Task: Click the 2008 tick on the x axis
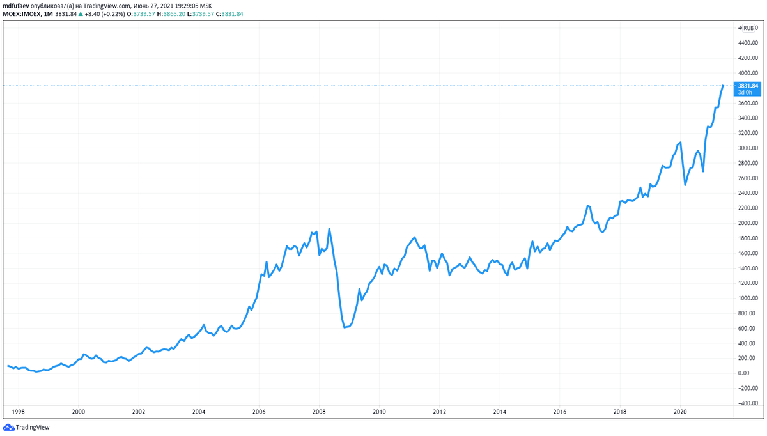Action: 319,412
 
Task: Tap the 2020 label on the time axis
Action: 680,412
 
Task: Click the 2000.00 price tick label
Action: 748,223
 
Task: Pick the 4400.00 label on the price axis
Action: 748,43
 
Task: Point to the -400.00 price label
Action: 748,403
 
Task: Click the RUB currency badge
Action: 748,28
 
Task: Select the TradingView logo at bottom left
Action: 26,427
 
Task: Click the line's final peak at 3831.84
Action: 723,85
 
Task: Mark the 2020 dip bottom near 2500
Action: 685,185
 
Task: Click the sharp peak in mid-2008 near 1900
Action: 329,229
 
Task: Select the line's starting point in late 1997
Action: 8,366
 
